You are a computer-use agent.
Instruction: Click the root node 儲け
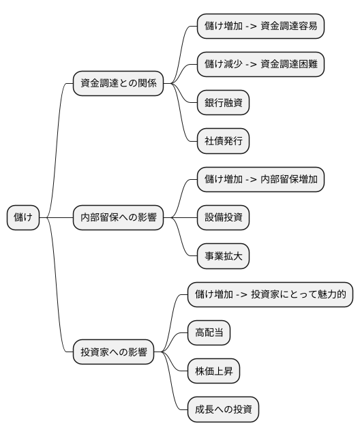point(23,218)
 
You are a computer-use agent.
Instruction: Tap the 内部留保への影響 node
point(118,218)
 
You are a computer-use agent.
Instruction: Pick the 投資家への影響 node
point(112,353)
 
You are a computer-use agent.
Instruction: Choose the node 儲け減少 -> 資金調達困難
point(260,65)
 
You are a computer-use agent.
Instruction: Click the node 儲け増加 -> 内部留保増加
point(260,180)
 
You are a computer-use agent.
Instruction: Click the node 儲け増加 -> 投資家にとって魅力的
point(270,295)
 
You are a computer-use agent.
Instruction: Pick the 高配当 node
point(209,334)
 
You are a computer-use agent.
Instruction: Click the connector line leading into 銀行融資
point(185,97)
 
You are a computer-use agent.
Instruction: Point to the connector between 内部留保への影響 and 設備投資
point(180,218)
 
